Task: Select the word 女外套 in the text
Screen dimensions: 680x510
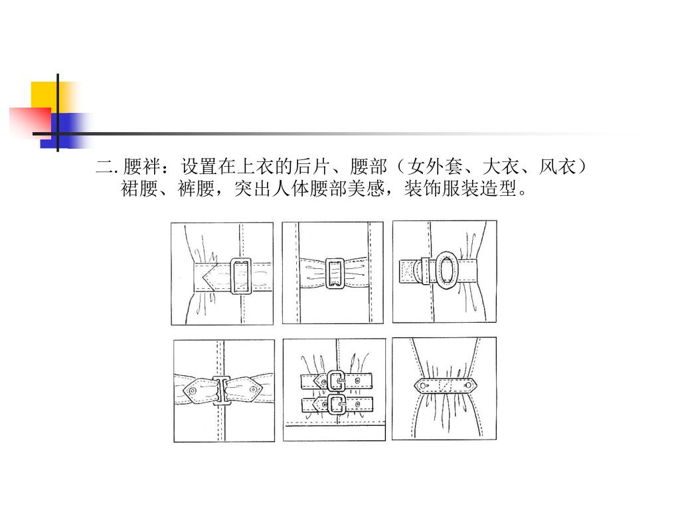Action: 435,167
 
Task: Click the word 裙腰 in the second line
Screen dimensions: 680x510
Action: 139,189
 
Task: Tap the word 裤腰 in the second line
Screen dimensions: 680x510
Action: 197,189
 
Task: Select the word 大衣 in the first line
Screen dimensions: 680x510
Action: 501,167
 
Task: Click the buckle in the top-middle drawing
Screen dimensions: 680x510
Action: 334,273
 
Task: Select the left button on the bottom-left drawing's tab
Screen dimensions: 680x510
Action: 193,390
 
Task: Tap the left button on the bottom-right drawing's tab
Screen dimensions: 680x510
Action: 422,385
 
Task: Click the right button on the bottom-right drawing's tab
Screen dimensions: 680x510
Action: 468,385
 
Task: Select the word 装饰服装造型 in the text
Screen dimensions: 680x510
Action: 461,189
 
